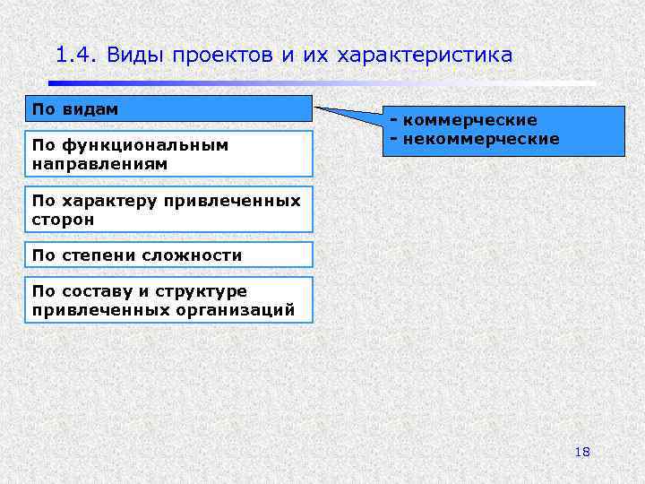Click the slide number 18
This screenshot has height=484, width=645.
[582, 452]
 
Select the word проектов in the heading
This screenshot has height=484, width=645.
[218, 56]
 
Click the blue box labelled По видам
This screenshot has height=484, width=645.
[168, 108]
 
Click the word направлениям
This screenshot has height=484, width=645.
[99, 165]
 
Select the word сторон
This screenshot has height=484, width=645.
[62, 220]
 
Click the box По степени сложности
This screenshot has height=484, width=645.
[168, 255]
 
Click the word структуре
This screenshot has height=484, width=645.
[205, 291]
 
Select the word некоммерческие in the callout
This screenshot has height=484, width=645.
[480, 139]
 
